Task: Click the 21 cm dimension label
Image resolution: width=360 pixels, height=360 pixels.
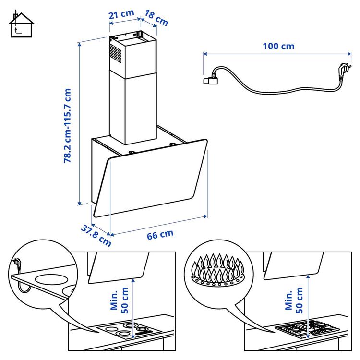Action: [x=120, y=14]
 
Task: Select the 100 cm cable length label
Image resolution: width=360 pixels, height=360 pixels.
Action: [x=278, y=47]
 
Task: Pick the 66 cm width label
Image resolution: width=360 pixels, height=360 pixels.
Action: [x=160, y=235]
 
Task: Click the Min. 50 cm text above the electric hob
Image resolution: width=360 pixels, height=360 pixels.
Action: [x=119, y=299]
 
